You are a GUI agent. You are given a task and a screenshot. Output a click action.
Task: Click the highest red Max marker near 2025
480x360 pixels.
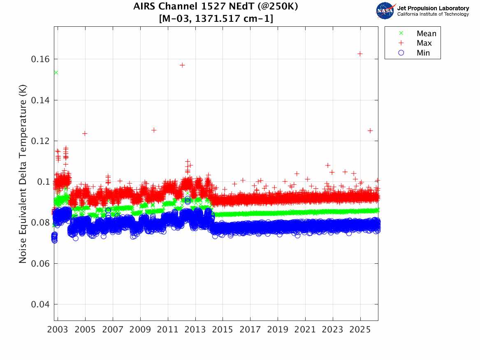click(x=360, y=53)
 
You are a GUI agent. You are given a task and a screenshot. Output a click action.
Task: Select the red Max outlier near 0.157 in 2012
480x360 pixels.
click(x=182, y=65)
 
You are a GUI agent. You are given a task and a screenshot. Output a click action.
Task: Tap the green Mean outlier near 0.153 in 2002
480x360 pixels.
click(x=56, y=72)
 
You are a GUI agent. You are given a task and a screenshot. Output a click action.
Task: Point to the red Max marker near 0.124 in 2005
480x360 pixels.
click(x=85, y=133)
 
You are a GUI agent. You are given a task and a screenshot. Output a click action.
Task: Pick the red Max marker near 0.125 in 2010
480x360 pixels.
click(x=154, y=130)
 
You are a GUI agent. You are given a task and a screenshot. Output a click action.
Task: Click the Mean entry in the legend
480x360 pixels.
click(x=426, y=34)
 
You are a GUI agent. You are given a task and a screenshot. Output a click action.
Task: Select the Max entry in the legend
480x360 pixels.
click(x=424, y=43)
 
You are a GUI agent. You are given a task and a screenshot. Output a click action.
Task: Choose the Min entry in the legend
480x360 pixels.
click(x=423, y=53)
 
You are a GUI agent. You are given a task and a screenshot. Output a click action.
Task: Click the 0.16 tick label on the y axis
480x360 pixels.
click(x=40, y=59)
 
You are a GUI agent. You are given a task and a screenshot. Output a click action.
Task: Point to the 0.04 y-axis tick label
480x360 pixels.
click(x=40, y=304)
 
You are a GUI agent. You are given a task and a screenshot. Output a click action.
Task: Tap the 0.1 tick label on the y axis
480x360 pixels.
click(x=42, y=182)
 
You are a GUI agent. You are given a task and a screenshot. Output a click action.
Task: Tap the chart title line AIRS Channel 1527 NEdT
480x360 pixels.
click(x=216, y=7)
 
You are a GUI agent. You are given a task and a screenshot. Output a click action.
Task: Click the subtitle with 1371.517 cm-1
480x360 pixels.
click(x=216, y=19)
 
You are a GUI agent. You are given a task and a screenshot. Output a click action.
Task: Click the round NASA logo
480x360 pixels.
click(x=385, y=11)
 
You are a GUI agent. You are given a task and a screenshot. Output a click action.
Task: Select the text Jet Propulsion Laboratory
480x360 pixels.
click(x=433, y=8)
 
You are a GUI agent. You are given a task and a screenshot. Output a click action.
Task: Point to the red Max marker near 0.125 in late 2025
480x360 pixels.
click(x=370, y=130)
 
